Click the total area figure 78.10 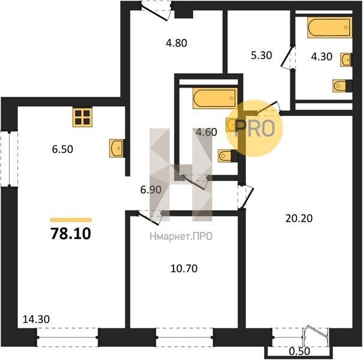pos(71,233)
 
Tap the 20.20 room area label pos(299,218)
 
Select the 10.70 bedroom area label pos(184,269)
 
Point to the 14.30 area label pos(36,319)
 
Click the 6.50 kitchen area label pos(62,149)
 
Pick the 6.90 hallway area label pos(151,190)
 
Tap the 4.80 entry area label pos(176,43)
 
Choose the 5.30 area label pos(262,56)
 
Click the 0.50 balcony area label pos(299,351)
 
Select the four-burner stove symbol pos(82,117)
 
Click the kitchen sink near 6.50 pos(116,148)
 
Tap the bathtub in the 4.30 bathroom pos(329,28)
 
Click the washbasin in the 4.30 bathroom pos(346,59)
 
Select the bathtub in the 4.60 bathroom pos(215,98)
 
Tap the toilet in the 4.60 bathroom pos(227,156)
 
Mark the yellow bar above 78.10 pos(71,220)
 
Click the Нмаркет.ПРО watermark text pos(181,236)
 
